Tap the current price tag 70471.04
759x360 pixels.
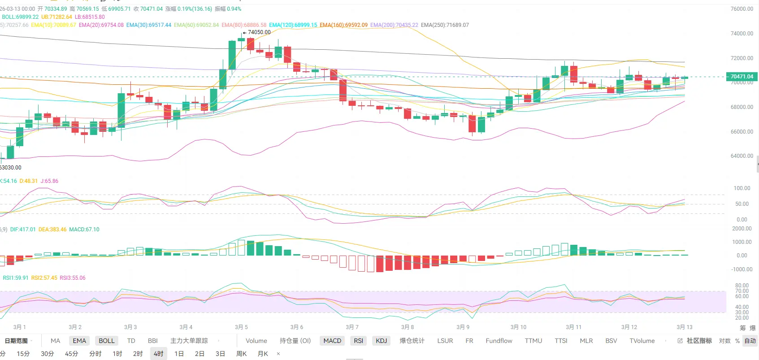(742, 77)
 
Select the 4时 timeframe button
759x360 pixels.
(158, 354)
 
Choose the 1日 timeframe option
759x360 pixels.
(179, 354)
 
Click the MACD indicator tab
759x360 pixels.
(332, 341)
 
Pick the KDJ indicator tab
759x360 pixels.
(381, 341)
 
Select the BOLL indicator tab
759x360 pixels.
(107, 341)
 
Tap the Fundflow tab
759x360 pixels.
(499, 341)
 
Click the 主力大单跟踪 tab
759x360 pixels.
(189, 341)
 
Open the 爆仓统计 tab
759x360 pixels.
(412, 341)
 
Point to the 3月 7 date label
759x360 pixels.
(352, 327)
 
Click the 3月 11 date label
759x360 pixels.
(573, 327)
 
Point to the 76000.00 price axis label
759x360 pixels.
(742, 9)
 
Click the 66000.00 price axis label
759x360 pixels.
(742, 132)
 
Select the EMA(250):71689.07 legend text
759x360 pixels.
(445, 25)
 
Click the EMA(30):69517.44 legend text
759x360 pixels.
(149, 25)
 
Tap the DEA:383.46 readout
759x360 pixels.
(52, 230)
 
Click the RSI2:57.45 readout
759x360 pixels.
(44, 278)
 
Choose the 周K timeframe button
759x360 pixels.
(241, 354)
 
